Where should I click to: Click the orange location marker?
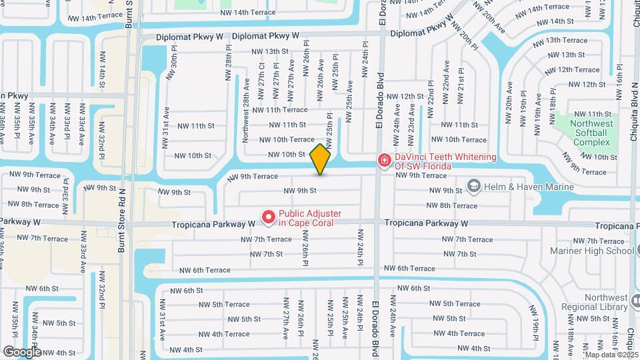tap(321, 159)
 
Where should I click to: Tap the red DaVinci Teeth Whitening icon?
tap(384, 160)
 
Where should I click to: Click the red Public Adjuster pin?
tap(268, 217)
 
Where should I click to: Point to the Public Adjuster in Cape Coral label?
tap(310, 218)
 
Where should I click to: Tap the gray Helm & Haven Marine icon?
tap(474, 186)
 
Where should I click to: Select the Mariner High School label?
tap(591, 251)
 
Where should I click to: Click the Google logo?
tap(21, 351)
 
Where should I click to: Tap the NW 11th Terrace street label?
tap(279, 109)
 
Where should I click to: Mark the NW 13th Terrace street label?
tap(565, 40)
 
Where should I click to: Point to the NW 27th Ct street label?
tap(261, 78)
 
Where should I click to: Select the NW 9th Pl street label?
tap(65, 198)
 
